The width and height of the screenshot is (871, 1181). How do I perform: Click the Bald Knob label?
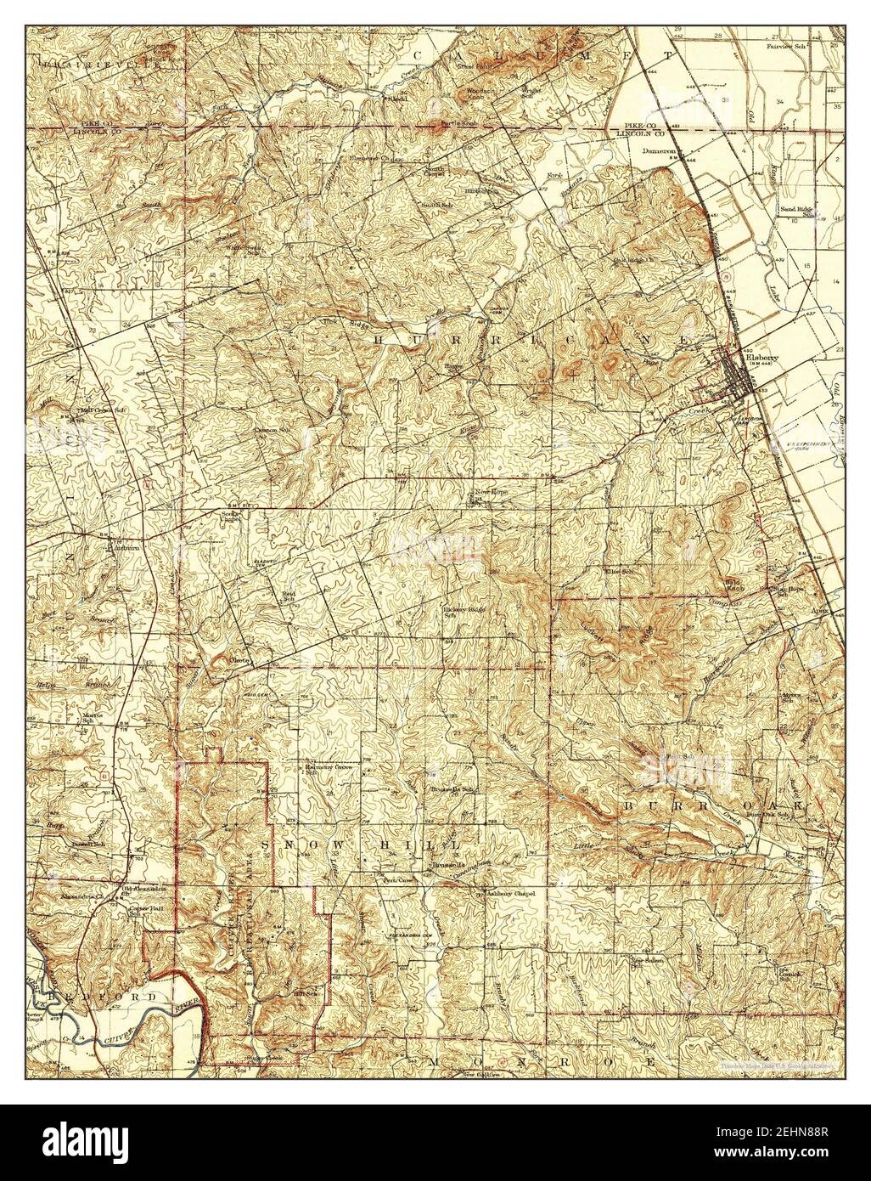click(x=733, y=585)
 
